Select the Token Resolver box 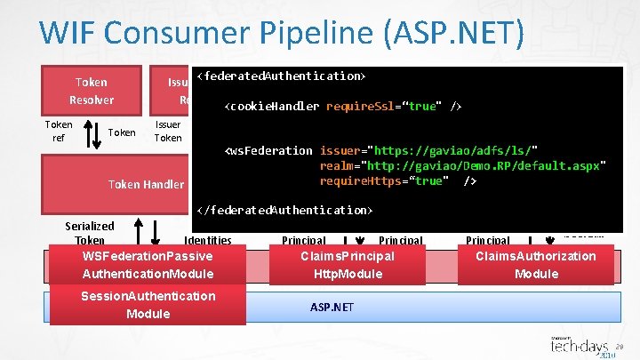coord(92,91)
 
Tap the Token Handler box coord(146,185)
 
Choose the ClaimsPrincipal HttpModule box coord(348,265)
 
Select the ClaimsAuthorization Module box coord(536,265)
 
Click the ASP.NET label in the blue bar coord(332,307)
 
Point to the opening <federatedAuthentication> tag coord(282,76)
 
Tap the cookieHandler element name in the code coord(276,107)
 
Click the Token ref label coord(59,132)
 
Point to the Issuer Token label coord(168,132)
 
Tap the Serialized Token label coord(90,233)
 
